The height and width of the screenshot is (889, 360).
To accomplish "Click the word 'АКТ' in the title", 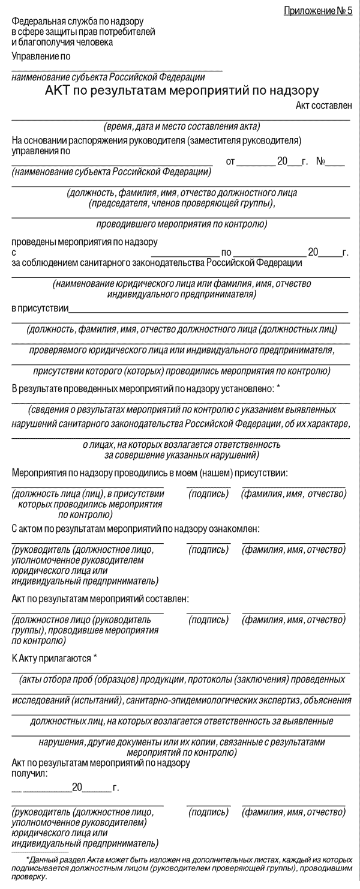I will [58, 91].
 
